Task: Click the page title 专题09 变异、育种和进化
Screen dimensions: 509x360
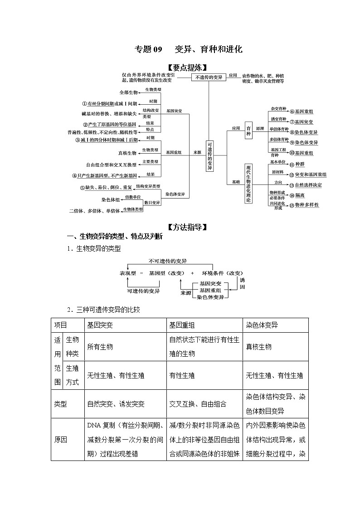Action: pyautogui.click(x=189, y=49)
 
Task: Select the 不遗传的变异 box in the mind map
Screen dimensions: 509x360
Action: pyautogui.click(x=209, y=78)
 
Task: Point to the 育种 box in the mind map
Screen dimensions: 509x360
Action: pyautogui.click(x=248, y=129)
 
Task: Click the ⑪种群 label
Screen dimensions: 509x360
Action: pyautogui.click(x=297, y=164)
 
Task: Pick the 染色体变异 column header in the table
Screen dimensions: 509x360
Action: pyautogui.click(x=262, y=325)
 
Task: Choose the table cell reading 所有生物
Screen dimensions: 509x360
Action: pyautogui.click(x=100, y=347)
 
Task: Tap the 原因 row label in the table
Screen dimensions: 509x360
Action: pyautogui.click(x=61, y=440)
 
